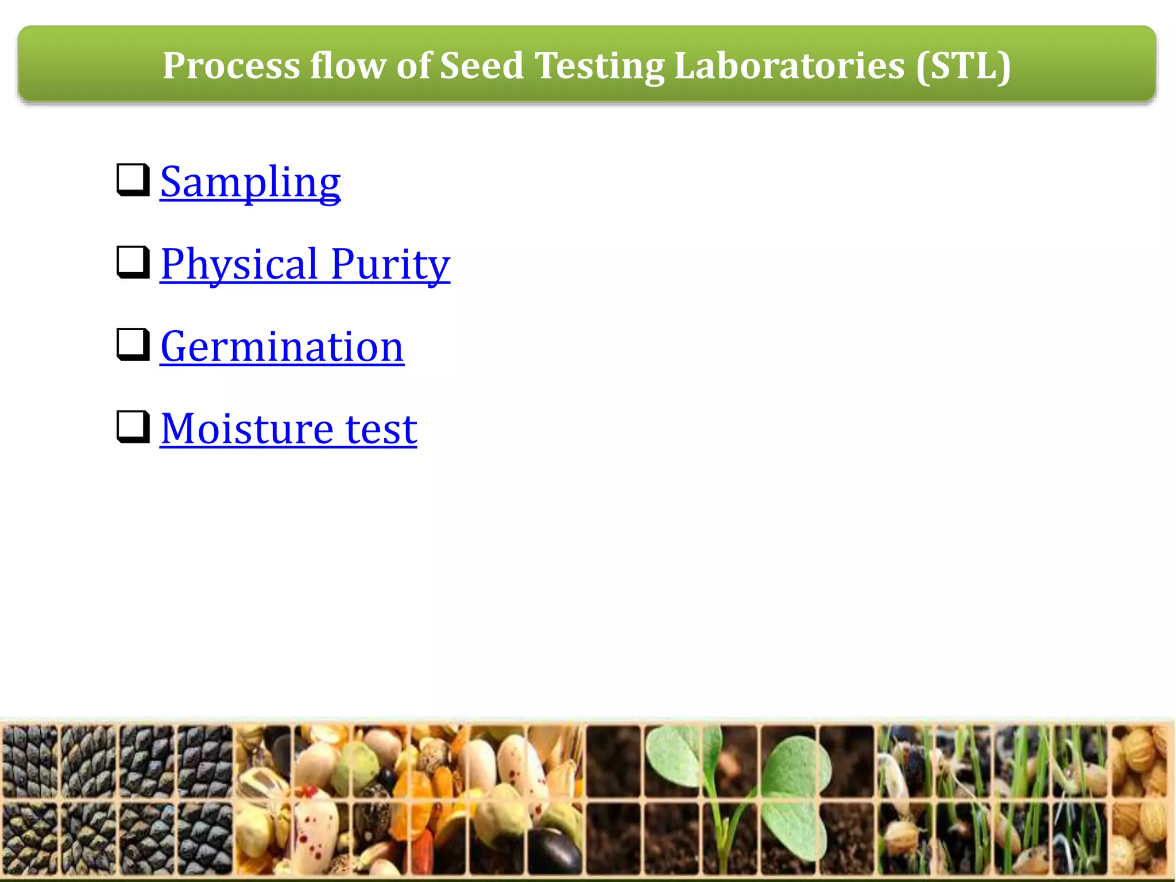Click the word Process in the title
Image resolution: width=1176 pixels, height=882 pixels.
tap(231, 65)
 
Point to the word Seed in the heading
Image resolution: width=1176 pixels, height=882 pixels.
tap(481, 65)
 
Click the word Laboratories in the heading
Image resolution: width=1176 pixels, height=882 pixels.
tap(790, 65)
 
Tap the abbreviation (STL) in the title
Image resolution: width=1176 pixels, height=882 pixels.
tap(963, 65)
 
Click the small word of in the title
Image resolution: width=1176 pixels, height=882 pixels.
tap(413, 65)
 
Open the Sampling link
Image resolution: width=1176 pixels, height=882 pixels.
tap(250, 182)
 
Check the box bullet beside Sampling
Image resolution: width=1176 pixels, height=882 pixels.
tap(133, 180)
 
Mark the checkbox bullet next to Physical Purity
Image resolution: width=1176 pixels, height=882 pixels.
tap(133, 262)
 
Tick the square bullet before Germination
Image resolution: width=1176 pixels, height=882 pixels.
tap(133, 345)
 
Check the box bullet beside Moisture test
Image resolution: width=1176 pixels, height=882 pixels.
tap(133, 427)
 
